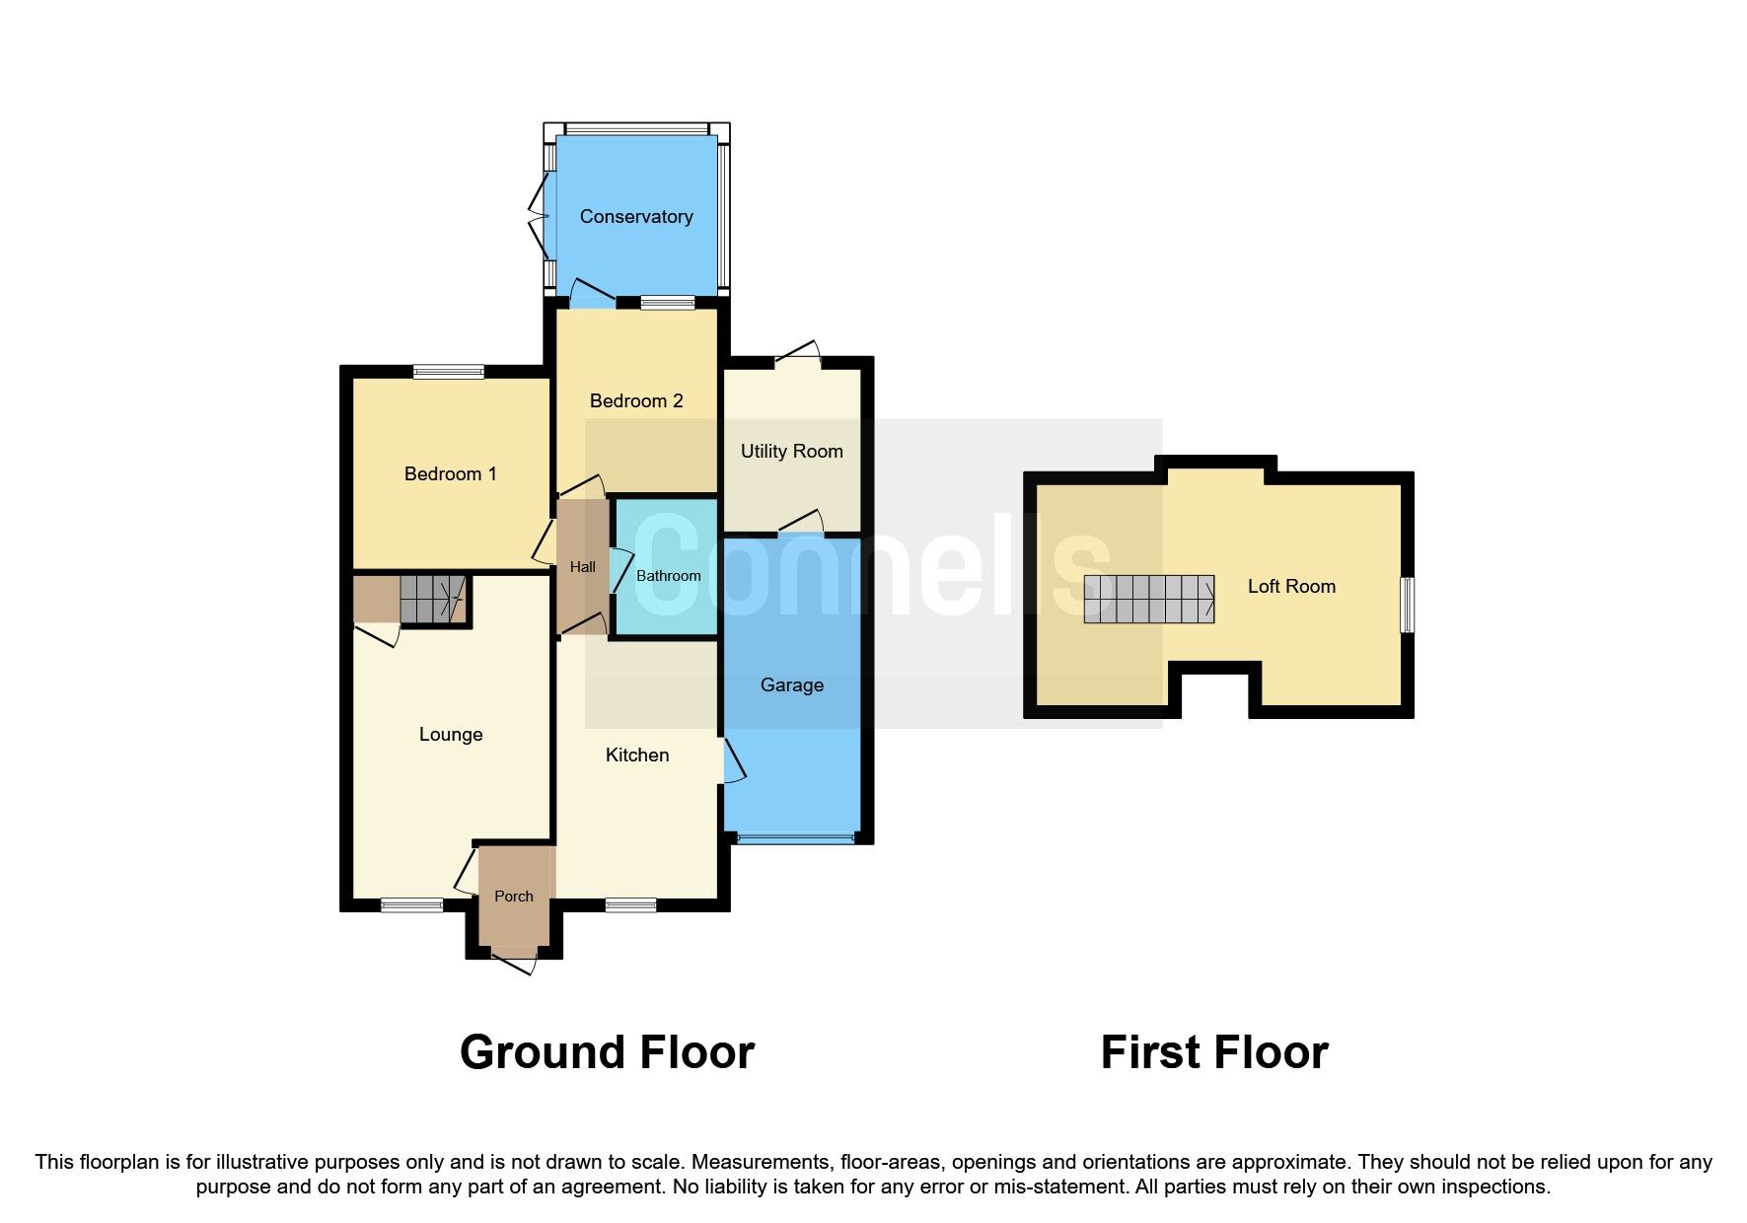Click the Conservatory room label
[x=636, y=217]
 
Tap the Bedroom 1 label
[x=450, y=474]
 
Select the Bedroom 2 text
[x=636, y=401]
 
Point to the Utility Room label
[x=791, y=452]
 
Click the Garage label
[x=791, y=685]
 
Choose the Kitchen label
[x=636, y=755]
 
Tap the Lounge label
[x=450, y=735]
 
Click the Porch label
[x=513, y=897]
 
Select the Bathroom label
[x=668, y=576]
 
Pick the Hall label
[x=582, y=567]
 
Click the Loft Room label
[x=1290, y=587]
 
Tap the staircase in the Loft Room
[x=1148, y=599]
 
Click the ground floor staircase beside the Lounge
[x=432, y=598]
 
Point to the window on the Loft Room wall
[x=1408, y=605]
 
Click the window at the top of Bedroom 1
[x=448, y=372]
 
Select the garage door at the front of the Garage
[x=795, y=838]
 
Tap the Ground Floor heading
[x=607, y=1052]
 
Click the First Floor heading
[x=1213, y=1052]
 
